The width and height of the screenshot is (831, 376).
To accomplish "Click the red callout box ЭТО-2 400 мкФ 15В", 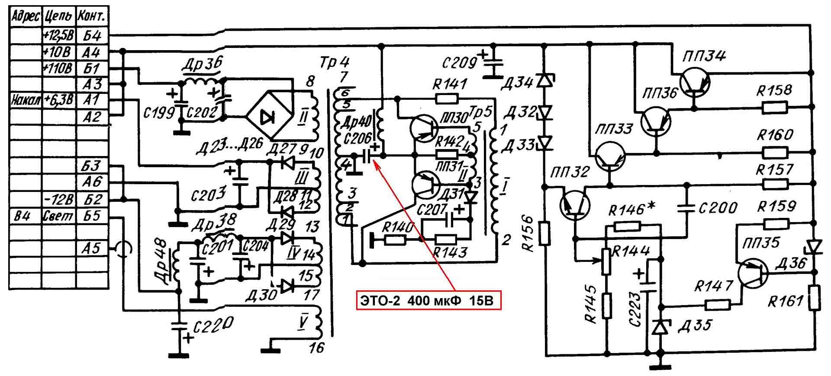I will [428, 300].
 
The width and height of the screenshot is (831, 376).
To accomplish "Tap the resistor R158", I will [775, 108].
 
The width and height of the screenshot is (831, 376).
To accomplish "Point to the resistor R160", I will [775, 153].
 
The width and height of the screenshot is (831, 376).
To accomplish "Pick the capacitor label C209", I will [459, 64].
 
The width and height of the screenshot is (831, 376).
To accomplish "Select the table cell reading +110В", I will [58, 68].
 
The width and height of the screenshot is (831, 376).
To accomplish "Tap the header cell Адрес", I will [26, 17].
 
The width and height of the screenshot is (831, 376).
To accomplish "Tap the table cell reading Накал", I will [26, 101].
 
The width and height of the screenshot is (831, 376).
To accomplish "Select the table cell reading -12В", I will [58, 199].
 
